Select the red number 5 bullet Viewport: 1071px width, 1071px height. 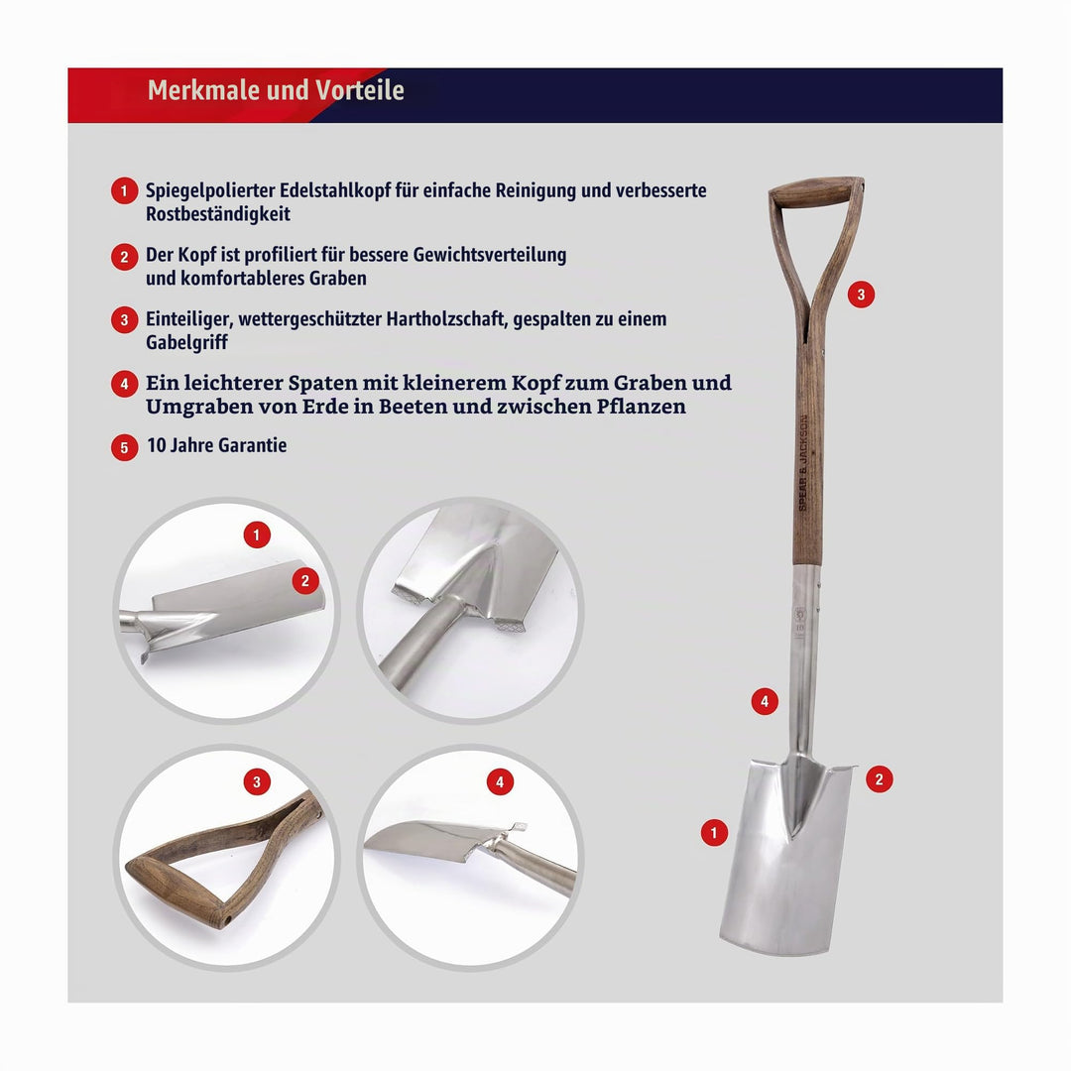pyautogui.click(x=124, y=447)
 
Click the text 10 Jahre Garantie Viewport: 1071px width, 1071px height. pyautogui.click(x=216, y=445)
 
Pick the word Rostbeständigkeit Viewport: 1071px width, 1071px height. pyautogui.click(x=218, y=214)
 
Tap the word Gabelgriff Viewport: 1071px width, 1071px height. pyautogui.click(x=186, y=342)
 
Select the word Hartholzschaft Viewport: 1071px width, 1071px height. pyautogui.click(x=446, y=319)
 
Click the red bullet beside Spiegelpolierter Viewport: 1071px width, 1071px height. pyautogui.click(x=124, y=191)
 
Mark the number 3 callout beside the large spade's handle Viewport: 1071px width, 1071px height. pyautogui.click(x=861, y=295)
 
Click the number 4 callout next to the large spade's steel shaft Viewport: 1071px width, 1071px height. pyautogui.click(x=765, y=701)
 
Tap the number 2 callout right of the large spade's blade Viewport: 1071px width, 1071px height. pyautogui.click(x=879, y=779)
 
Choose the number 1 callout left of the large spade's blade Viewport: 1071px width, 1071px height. pyautogui.click(x=714, y=833)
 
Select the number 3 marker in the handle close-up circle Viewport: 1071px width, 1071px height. pyautogui.click(x=257, y=782)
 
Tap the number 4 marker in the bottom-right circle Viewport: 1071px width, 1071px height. pyautogui.click(x=500, y=782)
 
